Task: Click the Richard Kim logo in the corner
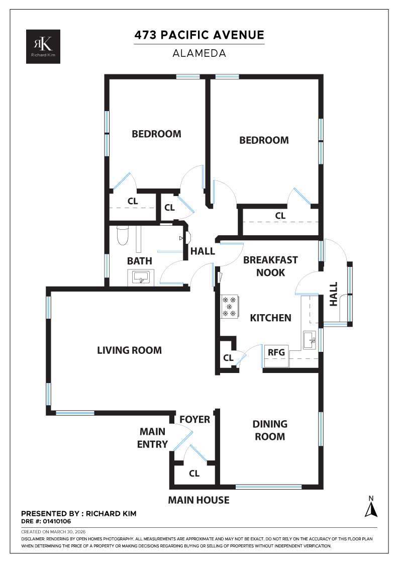[x=44, y=46]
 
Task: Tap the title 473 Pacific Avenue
[x=199, y=35]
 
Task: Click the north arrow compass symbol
[x=371, y=508]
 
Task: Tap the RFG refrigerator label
[x=276, y=352]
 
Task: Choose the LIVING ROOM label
[x=129, y=350]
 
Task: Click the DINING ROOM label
[x=270, y=430]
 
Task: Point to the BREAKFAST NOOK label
[x=270, y=266]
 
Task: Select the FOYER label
[x=194, y=419]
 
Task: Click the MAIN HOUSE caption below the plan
[x=198, y=500]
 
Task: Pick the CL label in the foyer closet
[x=194, y=474]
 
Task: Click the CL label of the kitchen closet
[x=228, y=358]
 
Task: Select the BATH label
[x=139, y=261]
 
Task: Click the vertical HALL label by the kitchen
[x=334, y=294]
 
